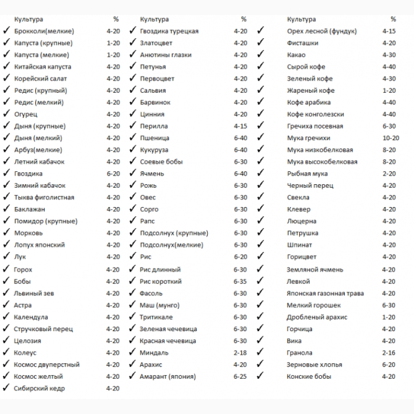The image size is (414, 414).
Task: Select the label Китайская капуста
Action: point(43,67)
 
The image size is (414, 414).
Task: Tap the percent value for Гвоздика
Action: point(113,174)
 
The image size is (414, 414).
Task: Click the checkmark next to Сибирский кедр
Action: point(6,388)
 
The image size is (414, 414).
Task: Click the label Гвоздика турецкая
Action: point(169,31)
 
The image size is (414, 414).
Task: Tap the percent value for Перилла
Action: point(240,126)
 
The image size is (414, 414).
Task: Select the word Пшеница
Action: point(154,138)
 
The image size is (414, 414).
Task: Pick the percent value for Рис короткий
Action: point(240,281)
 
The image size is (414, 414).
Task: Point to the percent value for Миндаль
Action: point(240,352)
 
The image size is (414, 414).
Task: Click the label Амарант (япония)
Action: point(168,376)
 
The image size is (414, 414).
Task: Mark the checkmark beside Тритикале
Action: point(133,316)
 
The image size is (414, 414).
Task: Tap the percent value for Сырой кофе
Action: point(389,67)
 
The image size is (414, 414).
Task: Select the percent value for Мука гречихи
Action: point(391,138)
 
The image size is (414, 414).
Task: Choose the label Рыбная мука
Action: point(308,174)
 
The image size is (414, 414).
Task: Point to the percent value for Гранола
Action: point(389,352)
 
